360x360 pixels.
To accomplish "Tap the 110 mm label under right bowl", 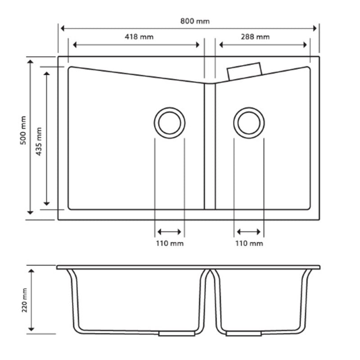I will pyautogui.click(x=249, y=243).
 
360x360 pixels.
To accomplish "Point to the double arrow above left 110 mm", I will pyautogui.click(x=170, y=232).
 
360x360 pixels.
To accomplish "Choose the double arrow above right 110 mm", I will pyautogui.click(x=249, y=232).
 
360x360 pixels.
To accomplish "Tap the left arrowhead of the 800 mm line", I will pyautogui.click(x=62, y=28).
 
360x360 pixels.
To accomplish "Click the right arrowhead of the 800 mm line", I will pyautogui.click(x=316, y=28).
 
